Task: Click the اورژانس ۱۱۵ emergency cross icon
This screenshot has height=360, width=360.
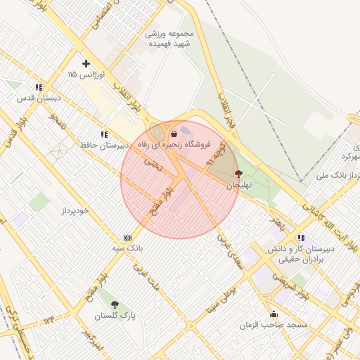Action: [x=86, y=63]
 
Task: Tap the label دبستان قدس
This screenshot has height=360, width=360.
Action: [x=40, y=98]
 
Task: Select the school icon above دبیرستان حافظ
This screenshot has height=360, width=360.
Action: [x=104, y=134]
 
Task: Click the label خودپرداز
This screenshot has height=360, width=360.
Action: [x=74, y=210]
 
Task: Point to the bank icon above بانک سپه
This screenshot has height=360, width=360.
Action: [x=127, y=238]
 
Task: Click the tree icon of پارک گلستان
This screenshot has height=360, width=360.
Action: [x=115, y=305]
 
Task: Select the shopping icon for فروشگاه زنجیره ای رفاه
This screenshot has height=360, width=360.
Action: [x=174, y=133]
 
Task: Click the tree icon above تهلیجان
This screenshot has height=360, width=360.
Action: [x=238, y=173]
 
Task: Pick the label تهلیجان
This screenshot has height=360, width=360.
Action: [x=238, y=184]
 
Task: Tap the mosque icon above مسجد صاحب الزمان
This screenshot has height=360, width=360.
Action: [x=274, y=314]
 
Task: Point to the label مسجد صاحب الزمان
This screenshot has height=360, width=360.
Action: [x=273, y=325]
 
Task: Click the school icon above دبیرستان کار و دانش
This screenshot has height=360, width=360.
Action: [x=301, y=238]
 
